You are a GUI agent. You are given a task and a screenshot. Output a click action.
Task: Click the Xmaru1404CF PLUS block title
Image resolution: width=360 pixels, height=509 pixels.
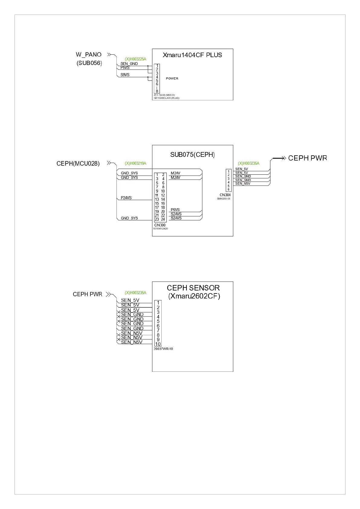coord(192,55)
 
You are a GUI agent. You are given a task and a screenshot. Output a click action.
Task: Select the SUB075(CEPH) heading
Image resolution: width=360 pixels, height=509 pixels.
coord(192,155)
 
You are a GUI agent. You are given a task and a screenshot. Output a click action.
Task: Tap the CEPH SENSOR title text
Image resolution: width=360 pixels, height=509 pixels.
coord(193,288)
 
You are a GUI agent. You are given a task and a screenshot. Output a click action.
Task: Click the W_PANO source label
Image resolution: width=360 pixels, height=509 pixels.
coord(89,55)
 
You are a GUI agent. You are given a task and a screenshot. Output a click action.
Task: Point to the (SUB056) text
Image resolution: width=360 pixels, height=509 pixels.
coord(89,63)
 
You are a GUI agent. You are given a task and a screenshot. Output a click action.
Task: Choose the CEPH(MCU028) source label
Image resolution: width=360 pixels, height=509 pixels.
coord(78,164)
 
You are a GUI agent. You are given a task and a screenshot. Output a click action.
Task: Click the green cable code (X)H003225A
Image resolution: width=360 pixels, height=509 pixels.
coord(135,59)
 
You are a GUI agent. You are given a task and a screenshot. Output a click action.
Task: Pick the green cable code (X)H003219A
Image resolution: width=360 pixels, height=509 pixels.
coord(135,164)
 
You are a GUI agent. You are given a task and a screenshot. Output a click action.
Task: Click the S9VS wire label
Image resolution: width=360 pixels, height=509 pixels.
coord(125,75)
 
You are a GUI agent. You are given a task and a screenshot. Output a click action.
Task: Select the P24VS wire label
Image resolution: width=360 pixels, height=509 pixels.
coord(126,198)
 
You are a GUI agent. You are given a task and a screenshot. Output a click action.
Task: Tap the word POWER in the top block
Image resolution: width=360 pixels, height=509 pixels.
coord(172,79)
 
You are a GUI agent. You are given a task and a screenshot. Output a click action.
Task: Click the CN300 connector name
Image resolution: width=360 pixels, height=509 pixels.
coord(160,225)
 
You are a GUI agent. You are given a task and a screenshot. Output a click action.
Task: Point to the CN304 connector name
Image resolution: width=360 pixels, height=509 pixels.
coord(225,195)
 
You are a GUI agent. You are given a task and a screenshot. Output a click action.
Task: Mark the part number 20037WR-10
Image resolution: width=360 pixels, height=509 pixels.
coord(163,349)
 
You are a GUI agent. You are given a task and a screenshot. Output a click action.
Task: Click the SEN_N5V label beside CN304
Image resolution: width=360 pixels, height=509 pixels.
coord(243,183)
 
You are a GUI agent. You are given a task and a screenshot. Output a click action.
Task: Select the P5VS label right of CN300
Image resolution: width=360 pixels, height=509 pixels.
coord(175,210)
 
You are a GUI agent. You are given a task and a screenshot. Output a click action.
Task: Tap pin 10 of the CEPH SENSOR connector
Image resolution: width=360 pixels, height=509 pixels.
coord(158,344)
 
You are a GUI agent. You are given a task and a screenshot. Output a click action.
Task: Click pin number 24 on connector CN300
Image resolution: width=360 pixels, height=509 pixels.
coord(163,219)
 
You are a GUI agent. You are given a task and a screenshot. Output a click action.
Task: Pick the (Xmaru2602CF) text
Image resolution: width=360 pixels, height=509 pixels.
coord(194,296)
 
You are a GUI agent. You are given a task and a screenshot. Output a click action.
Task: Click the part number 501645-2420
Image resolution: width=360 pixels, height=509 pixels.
coord(161,229)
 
